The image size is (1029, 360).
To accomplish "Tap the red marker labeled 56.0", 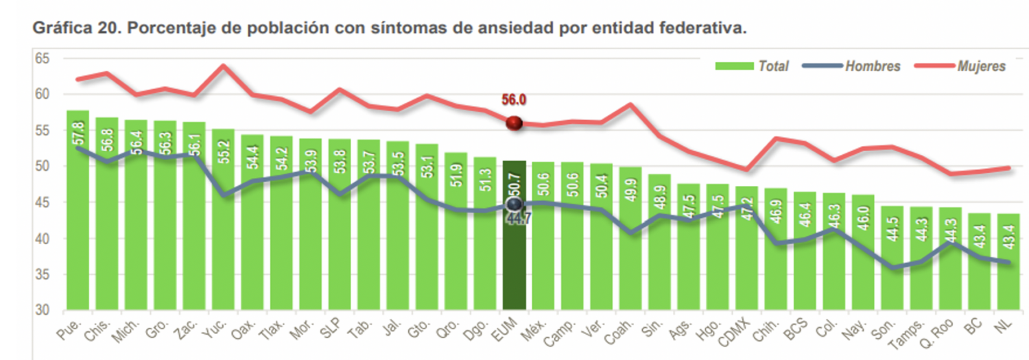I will [x=514, y=123].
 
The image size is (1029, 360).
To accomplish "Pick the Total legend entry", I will [x=752, y=66].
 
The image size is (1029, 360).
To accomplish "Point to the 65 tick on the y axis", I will [x=43, y=58].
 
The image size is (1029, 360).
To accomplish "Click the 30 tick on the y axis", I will [x=43, y=311].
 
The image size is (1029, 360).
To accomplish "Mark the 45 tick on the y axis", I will [x=43, y=202].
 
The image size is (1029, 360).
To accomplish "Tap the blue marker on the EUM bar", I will [x=514, y=204].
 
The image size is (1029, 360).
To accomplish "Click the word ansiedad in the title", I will [x=520, y=29].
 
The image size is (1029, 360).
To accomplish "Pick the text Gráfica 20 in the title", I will [x=75, y=29].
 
